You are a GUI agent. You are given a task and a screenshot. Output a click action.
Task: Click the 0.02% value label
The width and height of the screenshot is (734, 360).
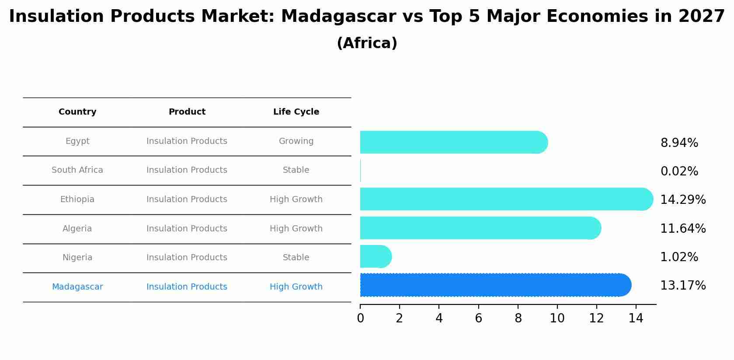[679, 171]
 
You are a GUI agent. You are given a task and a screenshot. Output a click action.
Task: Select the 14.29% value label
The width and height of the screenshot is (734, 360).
[682, 200]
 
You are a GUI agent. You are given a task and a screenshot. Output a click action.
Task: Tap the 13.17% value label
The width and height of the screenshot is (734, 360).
[682, 286]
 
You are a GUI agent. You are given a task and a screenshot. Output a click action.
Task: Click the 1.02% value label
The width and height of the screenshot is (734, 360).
[679, 257]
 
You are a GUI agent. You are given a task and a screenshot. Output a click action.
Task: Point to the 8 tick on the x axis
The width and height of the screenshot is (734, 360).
[518, 318]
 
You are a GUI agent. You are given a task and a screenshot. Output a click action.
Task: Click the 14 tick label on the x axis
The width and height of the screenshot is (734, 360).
[636, 318]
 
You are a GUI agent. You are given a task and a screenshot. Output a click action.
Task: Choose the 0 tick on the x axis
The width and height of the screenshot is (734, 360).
[360, 318]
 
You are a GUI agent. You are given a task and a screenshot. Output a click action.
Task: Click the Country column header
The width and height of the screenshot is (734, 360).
[77, 112]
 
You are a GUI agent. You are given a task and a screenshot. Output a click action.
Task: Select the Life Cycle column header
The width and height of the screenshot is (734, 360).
[296, 112]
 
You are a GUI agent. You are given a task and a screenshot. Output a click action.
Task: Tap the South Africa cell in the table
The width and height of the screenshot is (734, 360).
[77, 170]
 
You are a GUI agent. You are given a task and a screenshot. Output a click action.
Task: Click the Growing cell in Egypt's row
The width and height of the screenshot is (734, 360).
[296, 141]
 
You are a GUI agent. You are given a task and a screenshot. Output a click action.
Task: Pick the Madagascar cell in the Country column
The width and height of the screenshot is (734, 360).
[77, 287]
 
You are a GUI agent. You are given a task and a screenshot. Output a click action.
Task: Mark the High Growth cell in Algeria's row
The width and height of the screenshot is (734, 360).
[296, 229]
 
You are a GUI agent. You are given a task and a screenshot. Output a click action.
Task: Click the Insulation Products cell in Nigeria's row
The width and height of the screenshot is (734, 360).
[187, 258]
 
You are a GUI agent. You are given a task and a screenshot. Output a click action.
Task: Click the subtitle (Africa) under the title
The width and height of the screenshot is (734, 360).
[367, 43]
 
